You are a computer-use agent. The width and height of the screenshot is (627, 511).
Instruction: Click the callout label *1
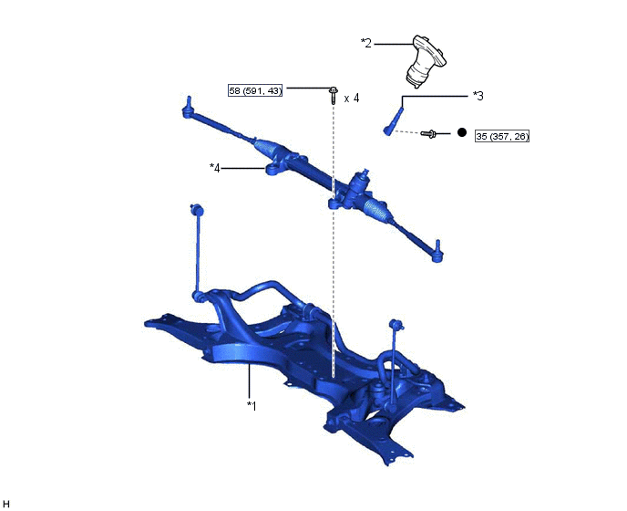(x=252, y=406)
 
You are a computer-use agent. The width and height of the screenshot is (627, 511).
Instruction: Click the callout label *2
(x=366, y=43)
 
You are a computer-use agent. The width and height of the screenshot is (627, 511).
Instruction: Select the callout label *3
(x=478, y=96)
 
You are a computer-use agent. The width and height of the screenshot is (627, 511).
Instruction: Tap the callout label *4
(x=215, y=168)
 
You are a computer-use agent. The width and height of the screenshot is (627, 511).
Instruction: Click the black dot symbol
(x=462, y=132)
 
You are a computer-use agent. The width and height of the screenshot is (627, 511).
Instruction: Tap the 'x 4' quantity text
(x=352, y=99)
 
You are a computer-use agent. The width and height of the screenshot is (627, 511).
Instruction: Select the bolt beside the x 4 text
(x=333, y=95)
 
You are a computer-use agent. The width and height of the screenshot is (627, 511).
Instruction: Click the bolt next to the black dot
(x=428, y=134)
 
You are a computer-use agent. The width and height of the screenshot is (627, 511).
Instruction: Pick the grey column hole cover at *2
(x=426, y=61)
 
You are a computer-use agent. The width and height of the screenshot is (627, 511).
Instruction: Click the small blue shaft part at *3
(x=394, y=121)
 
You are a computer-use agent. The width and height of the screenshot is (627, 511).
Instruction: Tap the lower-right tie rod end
(x=437, y=251)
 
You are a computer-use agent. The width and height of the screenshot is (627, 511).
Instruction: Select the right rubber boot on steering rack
(x=375, y=210)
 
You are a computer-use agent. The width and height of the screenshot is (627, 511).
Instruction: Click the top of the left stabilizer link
(x=196, y=209)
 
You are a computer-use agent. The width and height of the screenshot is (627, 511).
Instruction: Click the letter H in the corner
(x=6, y=504)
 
